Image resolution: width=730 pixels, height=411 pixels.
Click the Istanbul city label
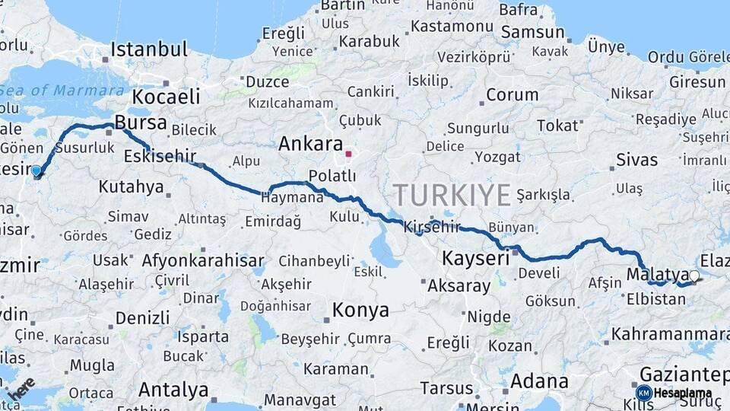pos(149,50)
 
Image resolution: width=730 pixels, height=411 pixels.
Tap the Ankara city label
pos(310,144)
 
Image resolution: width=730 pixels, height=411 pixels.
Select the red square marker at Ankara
pos(349,154)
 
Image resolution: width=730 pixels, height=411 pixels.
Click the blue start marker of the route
pos(36,171)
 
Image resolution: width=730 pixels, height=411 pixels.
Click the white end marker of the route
pos(693,276)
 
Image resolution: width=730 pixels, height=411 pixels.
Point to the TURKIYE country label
pos(452,196)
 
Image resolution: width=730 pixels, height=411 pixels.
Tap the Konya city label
pos(360,310)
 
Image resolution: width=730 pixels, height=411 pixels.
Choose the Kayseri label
pos(476,258)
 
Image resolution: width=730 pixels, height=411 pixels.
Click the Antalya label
pos(173,390)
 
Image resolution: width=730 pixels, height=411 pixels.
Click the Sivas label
pos(636,160)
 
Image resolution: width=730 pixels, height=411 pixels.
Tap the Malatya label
pos(647,273)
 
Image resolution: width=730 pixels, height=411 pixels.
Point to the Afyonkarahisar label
pos(203,261)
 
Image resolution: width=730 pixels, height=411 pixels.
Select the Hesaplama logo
pos(674,393)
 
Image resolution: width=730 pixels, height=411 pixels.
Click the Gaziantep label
pos(684,374)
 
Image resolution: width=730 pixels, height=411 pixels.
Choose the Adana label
pos(539,381)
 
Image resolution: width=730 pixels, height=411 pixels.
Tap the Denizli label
pos(142,317)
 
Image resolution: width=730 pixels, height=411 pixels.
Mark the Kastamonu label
pos(453,26)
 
